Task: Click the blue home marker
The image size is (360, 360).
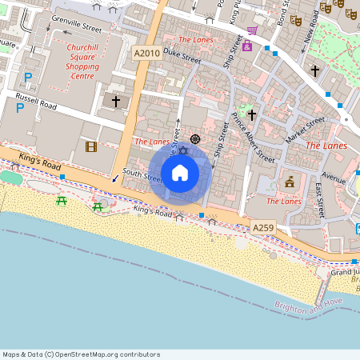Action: point(180,173)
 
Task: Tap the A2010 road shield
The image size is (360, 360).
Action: point(146,52)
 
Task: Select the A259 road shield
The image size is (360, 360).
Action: point(263,228)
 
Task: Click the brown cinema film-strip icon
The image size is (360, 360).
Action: point(91,146)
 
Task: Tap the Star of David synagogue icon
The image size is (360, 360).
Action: point(182,151)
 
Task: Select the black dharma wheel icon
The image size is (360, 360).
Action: point(194,139)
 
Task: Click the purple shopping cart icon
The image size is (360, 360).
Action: point(253,30)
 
